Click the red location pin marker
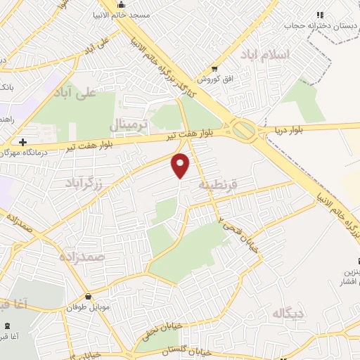(181, 165)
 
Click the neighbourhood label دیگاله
(289, 313)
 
